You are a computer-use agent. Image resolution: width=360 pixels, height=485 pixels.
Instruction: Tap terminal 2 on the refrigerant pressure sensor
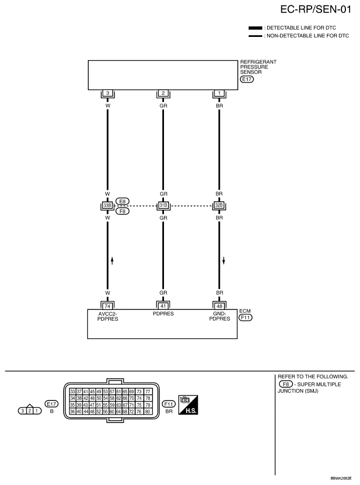click(163, 93)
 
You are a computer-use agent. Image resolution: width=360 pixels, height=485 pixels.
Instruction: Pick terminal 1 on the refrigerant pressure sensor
click(219, 93)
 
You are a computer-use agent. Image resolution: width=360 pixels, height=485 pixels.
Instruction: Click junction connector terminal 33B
click(108, 206)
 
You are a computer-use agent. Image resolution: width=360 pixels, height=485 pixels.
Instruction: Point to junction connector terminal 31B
click(163, 206)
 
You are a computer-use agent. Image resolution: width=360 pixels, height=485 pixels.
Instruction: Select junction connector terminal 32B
click(219, 206)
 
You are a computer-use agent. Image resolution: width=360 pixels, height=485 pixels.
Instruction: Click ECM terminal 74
click(108, 306)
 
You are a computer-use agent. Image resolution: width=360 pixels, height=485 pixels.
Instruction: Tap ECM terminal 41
click(163, 306)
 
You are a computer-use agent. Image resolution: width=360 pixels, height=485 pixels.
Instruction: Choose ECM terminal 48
click(219, 306)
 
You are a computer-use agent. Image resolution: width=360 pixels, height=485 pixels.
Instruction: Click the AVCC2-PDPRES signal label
click(108, 316)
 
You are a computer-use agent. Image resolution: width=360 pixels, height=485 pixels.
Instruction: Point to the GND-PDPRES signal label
click(219, 316)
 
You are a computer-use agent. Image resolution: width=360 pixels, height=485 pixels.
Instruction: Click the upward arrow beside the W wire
click(112, 260)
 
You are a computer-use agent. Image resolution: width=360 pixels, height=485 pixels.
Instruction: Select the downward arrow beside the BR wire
click(223, 260)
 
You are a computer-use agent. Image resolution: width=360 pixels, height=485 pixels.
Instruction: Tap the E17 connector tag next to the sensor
click(247, 79)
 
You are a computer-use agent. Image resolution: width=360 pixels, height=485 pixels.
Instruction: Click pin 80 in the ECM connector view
click(147, 412)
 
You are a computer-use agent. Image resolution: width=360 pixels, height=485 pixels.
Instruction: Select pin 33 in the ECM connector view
click(73, 391)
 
